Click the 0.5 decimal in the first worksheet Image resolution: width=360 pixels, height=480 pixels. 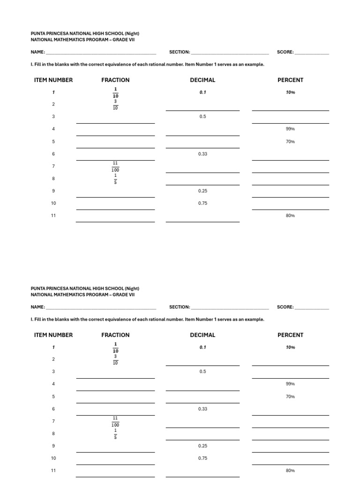(x=202, y=116)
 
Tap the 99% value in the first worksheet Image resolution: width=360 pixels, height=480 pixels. (x=290, y=129)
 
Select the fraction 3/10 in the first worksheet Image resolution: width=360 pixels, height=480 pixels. (x=115, y=105)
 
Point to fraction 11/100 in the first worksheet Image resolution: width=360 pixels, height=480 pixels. (x=115, y=166)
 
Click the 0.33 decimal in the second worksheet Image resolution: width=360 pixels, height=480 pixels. (x=202, y=409)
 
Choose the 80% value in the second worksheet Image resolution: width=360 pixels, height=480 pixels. (x=290, y=470)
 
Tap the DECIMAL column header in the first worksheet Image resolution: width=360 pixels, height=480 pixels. (x=202, y=80)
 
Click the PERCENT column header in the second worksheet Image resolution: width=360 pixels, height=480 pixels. (x=290, y=335)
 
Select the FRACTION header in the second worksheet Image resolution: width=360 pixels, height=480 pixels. (x=115, y=335)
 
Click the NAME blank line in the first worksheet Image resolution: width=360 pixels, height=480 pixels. (x=101, y=52)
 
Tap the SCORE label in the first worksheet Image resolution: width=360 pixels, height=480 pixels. (x=285, y=52)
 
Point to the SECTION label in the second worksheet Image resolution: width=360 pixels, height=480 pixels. (x=180, y=307)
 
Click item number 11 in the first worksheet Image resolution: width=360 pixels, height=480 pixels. (x=53, y=216)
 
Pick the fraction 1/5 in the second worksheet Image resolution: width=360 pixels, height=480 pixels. (x=115, y=434)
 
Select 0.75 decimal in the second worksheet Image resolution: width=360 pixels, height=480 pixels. (x=202, y=458)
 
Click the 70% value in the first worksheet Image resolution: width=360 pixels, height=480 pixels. (x=290, y=142)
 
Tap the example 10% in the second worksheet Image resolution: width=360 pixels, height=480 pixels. (x=290, y=347)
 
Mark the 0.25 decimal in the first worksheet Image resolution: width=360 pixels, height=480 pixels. (x=202, y=191)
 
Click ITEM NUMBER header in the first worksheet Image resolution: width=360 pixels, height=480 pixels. (x=53, y=80)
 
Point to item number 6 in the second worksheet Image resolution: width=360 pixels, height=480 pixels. (x=53, y=409)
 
